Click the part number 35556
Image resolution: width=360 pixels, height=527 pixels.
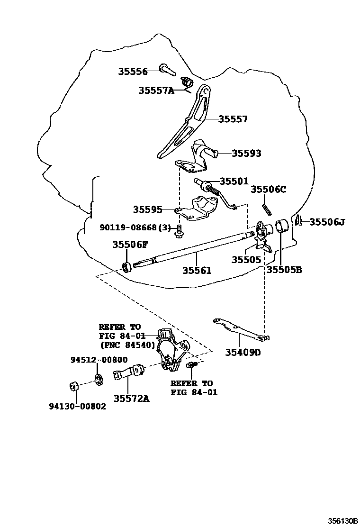coord(133,72)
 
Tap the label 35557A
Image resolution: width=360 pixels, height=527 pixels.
coord(156,90)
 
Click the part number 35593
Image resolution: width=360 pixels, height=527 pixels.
coord(246,154)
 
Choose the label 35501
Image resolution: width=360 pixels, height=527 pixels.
coord(234,181)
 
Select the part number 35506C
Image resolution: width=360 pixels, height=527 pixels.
coord(269,190)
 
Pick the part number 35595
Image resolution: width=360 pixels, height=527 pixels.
coord(147,209)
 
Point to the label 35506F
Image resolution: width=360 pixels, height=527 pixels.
coord(130,245)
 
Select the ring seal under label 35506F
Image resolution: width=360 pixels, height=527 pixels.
coord(126,267)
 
